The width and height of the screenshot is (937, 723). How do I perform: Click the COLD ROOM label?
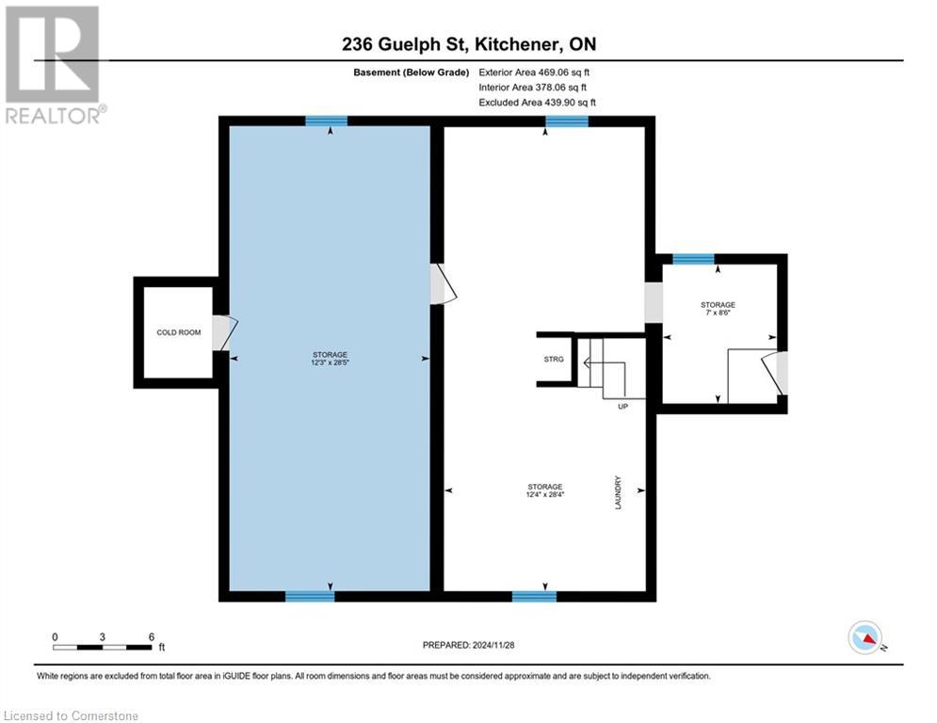tap(178, 332)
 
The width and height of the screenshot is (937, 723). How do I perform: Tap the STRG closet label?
tap(553, 360)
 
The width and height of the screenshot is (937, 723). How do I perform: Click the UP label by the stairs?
tap(622, 407)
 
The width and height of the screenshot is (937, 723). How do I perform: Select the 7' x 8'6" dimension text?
tap(718, 313)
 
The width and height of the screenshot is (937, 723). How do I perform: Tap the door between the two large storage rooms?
tap(442, 284)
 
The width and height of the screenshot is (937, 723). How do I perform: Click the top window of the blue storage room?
tap(326, 120)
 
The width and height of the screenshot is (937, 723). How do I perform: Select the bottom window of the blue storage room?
tap(310, 596)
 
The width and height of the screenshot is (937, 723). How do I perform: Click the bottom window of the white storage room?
tap(534, 596)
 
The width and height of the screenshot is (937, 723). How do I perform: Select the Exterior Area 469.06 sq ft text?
tap(534, 72)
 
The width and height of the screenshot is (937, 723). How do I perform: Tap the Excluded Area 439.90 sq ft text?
tap(537, 102)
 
